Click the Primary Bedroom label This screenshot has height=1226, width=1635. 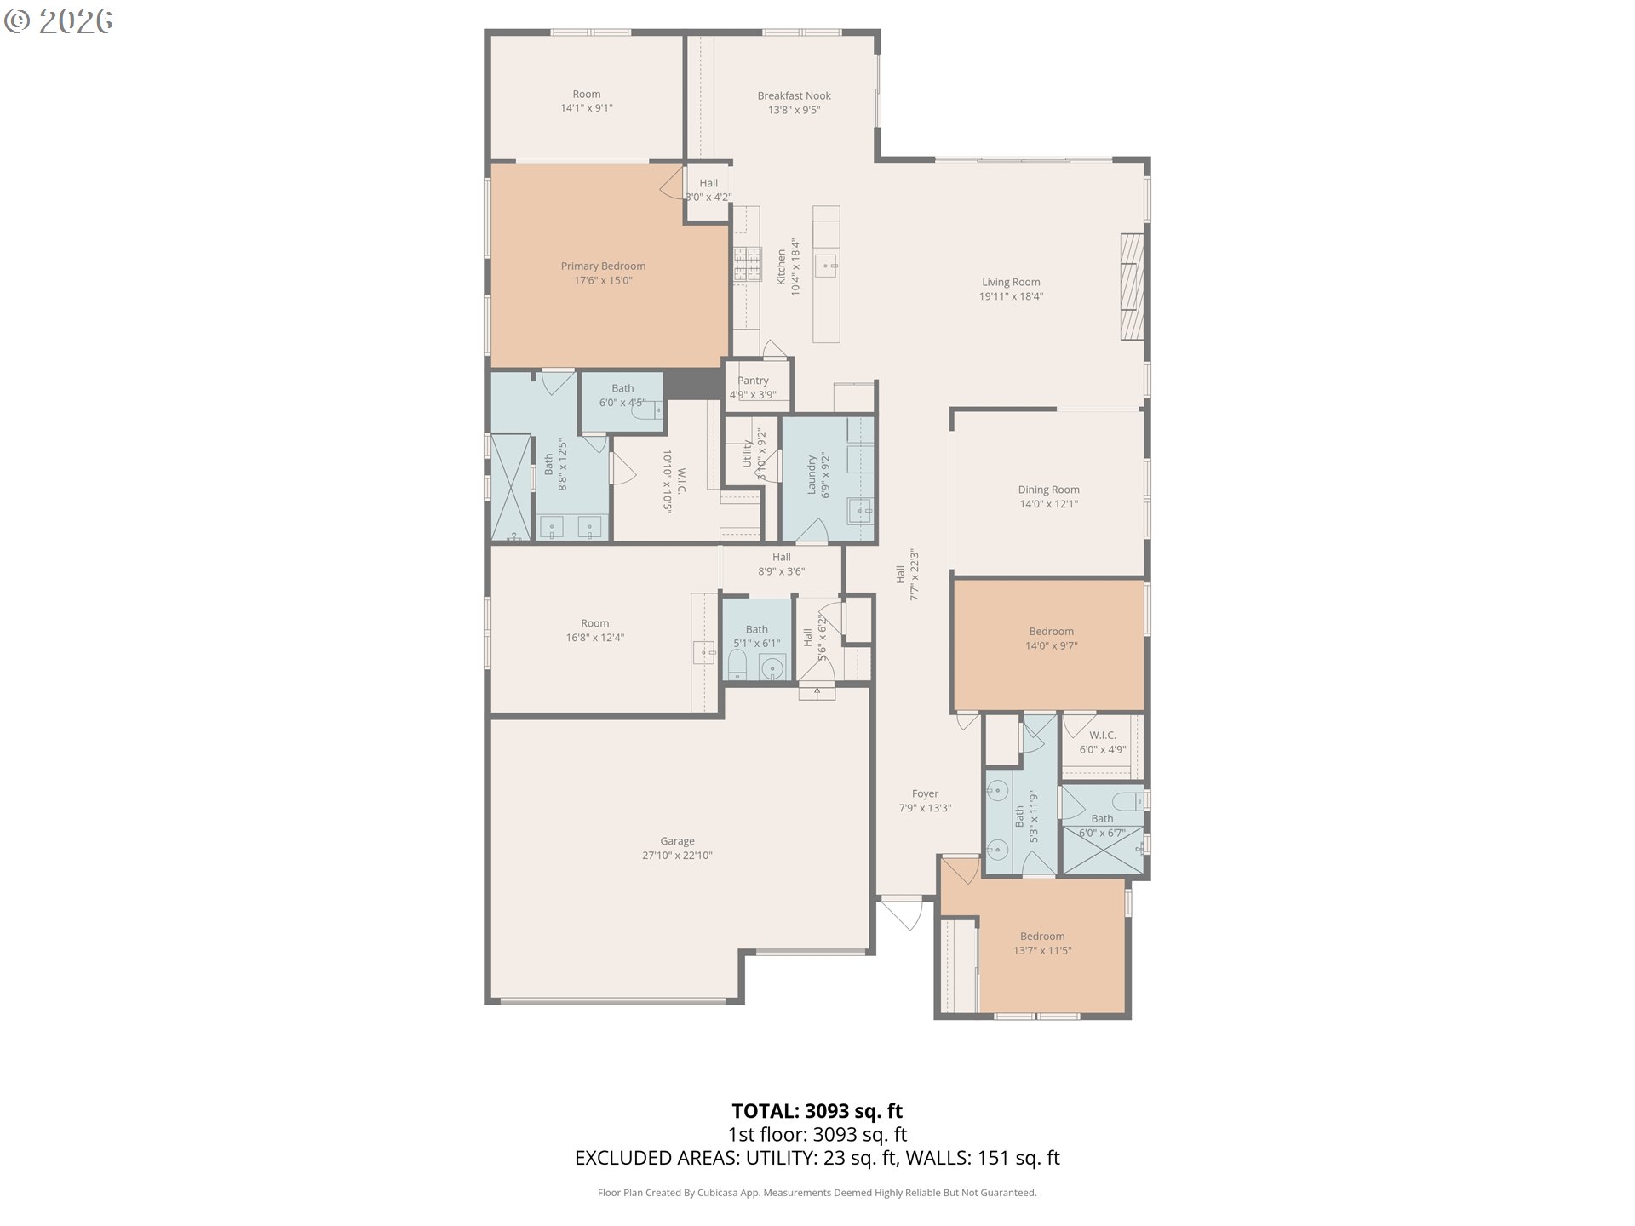[x=603, y=266]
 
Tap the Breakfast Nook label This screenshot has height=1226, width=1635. [x=795, y=95]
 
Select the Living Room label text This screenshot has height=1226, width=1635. [x=1011, y=282]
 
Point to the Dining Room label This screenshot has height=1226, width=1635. [x=1049, y=490]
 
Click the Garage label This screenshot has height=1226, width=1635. [x=678, y=841]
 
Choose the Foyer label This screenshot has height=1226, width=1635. [x=926, y=793]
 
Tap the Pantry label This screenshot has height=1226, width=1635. [x=753, y=381]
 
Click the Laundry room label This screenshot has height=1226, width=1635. [x=812, y=475]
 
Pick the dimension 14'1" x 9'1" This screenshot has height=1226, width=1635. [x=587, y=108]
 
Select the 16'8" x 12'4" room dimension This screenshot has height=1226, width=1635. [x=595, y=638]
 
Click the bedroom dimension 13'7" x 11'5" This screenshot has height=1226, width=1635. [x=1042, y=951]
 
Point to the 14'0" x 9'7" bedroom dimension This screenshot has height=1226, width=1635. [x=1052, y=646]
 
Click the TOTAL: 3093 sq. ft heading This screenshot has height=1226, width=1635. [x=817, y=1111]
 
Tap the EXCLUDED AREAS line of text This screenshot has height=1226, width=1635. [x=817, y=1158]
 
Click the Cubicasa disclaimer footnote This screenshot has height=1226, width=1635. [x=817, y=1193]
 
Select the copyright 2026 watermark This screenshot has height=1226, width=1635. [x=59, y=21]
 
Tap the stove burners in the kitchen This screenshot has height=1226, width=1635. [x=747, y=264]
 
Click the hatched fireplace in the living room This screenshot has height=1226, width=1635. [x=1132, y=287]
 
